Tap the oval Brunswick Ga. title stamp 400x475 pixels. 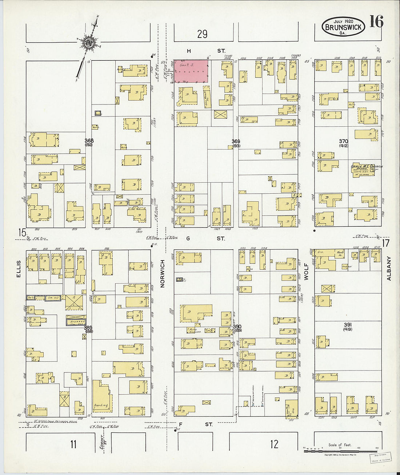pos(343,27)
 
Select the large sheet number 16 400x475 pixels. pos(376,22)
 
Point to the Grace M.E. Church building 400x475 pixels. pos(365,170)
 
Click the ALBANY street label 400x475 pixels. pos(389,268)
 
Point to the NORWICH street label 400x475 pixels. pos(163,273)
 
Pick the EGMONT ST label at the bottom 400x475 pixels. pos(103,444)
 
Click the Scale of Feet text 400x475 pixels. pos(340,445)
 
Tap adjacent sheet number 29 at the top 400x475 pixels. pos(202,34)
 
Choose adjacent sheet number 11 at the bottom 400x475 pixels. pos(73,444)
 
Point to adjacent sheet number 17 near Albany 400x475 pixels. pos(386,242)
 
